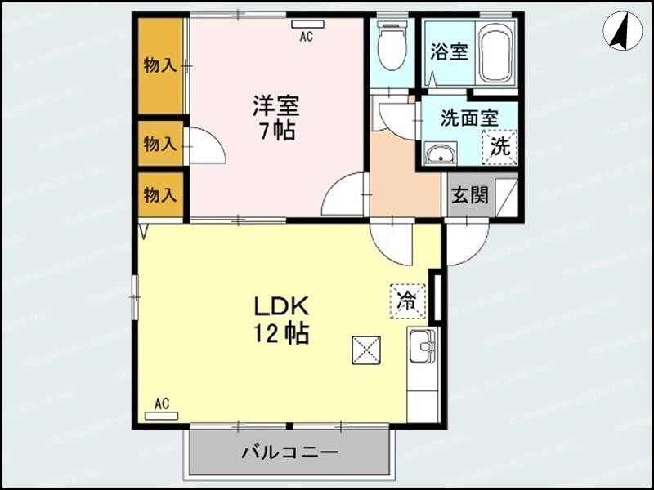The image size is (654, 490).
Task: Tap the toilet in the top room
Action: (392, 47)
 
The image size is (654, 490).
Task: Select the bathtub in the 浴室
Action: (495, 51)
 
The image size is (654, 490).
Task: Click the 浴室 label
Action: (449, 51)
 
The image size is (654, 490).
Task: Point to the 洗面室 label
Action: (469, 118)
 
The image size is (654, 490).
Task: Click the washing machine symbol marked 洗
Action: (499, 147)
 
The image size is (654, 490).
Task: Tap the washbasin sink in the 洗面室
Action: (441, 154)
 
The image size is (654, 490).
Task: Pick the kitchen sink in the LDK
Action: (423, 347)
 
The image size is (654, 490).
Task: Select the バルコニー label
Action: (289, 452)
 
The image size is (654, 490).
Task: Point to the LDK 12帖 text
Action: (280, 319)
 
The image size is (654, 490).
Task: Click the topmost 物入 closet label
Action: (159, 65)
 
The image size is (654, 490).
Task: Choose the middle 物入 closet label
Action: (159, 145)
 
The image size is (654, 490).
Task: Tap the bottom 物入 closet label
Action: (159, 194)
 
